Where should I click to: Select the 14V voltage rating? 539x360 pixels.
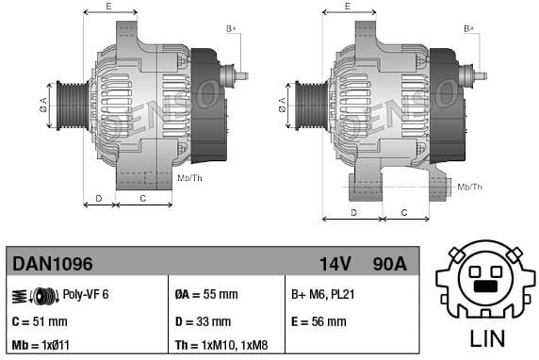click(335, 264)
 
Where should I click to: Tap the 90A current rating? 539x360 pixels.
click(388, 264)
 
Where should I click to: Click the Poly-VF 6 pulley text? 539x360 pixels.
click(86, 294)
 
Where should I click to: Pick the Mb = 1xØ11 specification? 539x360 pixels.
click(41, 345)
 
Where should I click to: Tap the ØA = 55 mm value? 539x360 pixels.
click(205, 294)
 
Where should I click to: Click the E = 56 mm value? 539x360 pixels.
click(318, 321)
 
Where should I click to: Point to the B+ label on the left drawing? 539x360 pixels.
click(232, 29)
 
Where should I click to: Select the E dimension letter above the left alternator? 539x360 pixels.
click(109, 7)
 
